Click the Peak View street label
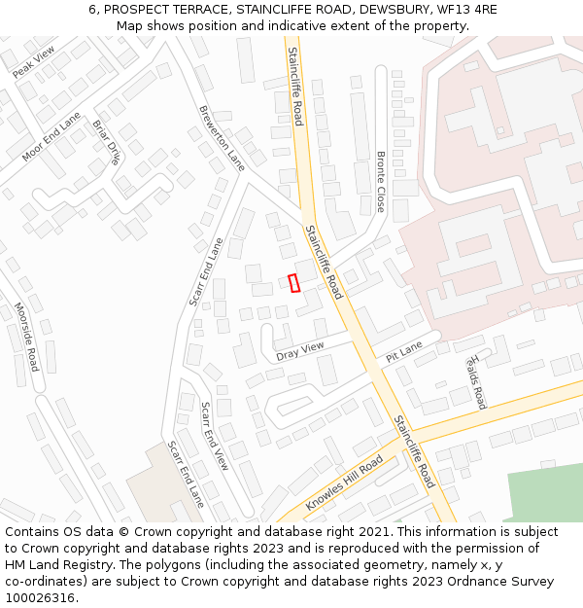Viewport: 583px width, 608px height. tap(34, 61)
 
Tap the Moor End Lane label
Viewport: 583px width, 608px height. tap(51, 136)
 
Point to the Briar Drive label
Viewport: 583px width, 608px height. tap(106, 142)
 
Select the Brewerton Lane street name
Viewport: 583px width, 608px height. tap(222, 138)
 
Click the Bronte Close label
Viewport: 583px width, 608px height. tap(380, 182)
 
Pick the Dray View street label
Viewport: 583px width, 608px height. tap(299, 351)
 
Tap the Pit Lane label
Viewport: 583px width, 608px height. tap(403, 351)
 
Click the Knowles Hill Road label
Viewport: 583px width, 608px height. tap(344, 483)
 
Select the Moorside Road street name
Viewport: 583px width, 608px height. tap(26, 337)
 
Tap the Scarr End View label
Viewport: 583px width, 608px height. tap(214, 436)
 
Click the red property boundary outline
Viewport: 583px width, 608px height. tap(293, 283)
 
